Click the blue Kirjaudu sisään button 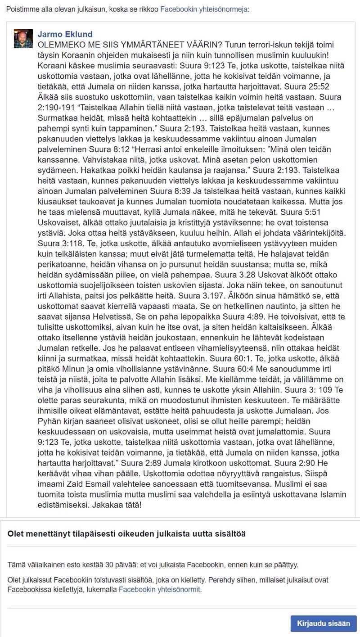tap(323, 623)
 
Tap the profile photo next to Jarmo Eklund tap(23, 39)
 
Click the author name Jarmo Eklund tap(65, 35)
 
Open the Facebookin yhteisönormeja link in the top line tap(203, 9)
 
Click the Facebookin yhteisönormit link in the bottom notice tap(160, 589)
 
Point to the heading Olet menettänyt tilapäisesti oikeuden tap(126, 533)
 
